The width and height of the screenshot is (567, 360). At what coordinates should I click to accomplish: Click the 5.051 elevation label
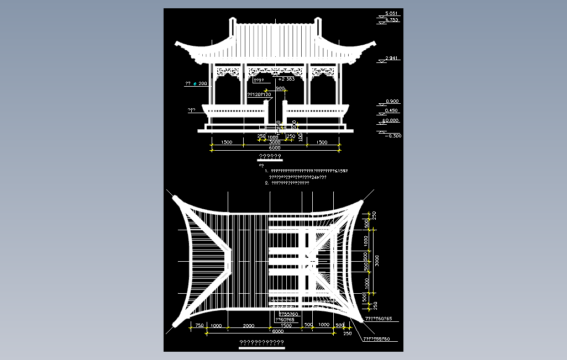point(391,13)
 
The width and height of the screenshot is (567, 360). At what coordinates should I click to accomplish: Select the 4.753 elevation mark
point(391,20)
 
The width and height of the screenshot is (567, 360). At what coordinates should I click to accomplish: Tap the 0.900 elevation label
point(392,102)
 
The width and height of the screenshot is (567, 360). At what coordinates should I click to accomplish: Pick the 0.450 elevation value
point(392,110)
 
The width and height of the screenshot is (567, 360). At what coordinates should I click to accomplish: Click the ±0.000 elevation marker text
point(391,120)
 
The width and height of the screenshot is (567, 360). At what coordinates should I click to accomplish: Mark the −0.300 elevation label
point(394,136)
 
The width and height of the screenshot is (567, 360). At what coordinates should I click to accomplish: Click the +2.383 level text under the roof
point(286,79)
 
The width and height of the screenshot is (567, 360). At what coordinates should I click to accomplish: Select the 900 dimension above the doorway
point(280,88)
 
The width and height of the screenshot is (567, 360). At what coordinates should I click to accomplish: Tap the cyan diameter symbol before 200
point(195,84)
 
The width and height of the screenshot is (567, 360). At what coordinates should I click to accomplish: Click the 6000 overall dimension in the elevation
point(275,148)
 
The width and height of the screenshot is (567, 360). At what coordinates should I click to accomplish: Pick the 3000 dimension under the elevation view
point(275,142)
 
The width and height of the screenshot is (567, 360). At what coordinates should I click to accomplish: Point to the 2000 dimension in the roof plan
point(248,326)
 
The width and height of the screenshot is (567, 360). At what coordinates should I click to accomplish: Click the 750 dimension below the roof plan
point(200,326)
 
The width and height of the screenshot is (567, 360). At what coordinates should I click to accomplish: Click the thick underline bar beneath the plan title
point(261,348)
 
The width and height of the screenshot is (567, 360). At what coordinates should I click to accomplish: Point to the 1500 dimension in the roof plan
point(286,326)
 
